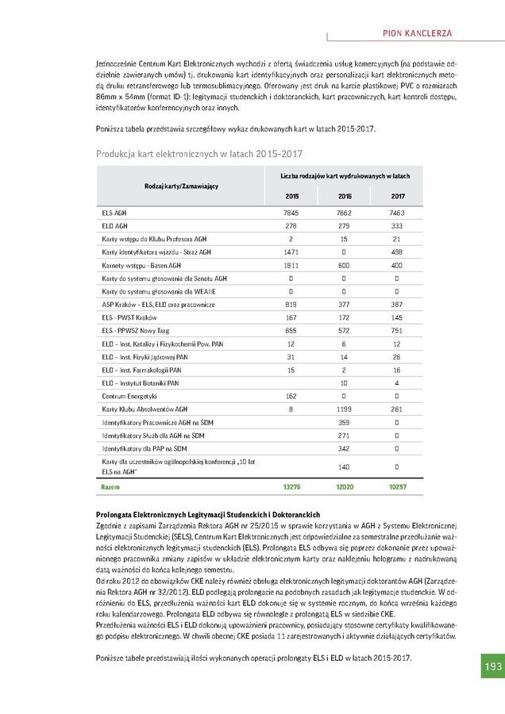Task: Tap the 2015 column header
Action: tap(291, 196)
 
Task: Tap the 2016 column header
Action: tap(345, 196)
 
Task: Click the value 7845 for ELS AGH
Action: tap(291, 213)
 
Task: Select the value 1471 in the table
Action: tap(291, 252)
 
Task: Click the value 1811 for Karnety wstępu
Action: tap(291, 265)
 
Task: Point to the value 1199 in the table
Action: tap(345, 409)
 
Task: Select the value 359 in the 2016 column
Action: tap(345, 421)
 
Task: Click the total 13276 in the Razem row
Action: tap(291, 486)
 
